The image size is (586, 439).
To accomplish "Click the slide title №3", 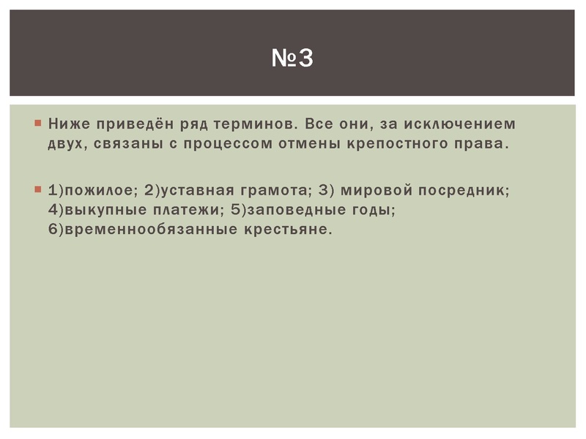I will tap(292, 57).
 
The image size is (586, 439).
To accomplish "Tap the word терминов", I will tap(256, 123).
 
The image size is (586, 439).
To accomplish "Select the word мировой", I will tap(374, 190).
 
